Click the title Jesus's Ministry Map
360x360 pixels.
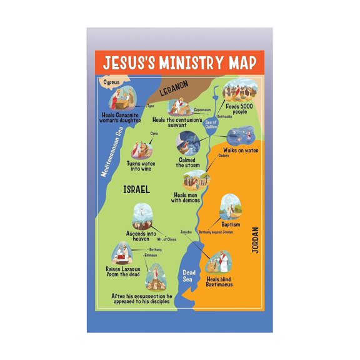coord(179,62)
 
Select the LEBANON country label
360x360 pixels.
coord(173,91)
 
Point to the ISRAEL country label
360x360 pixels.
coord(136,189)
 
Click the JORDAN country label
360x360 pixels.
coord(254,239)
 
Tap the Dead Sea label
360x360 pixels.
coord(189,275)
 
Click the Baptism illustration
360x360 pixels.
coord(231,206)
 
